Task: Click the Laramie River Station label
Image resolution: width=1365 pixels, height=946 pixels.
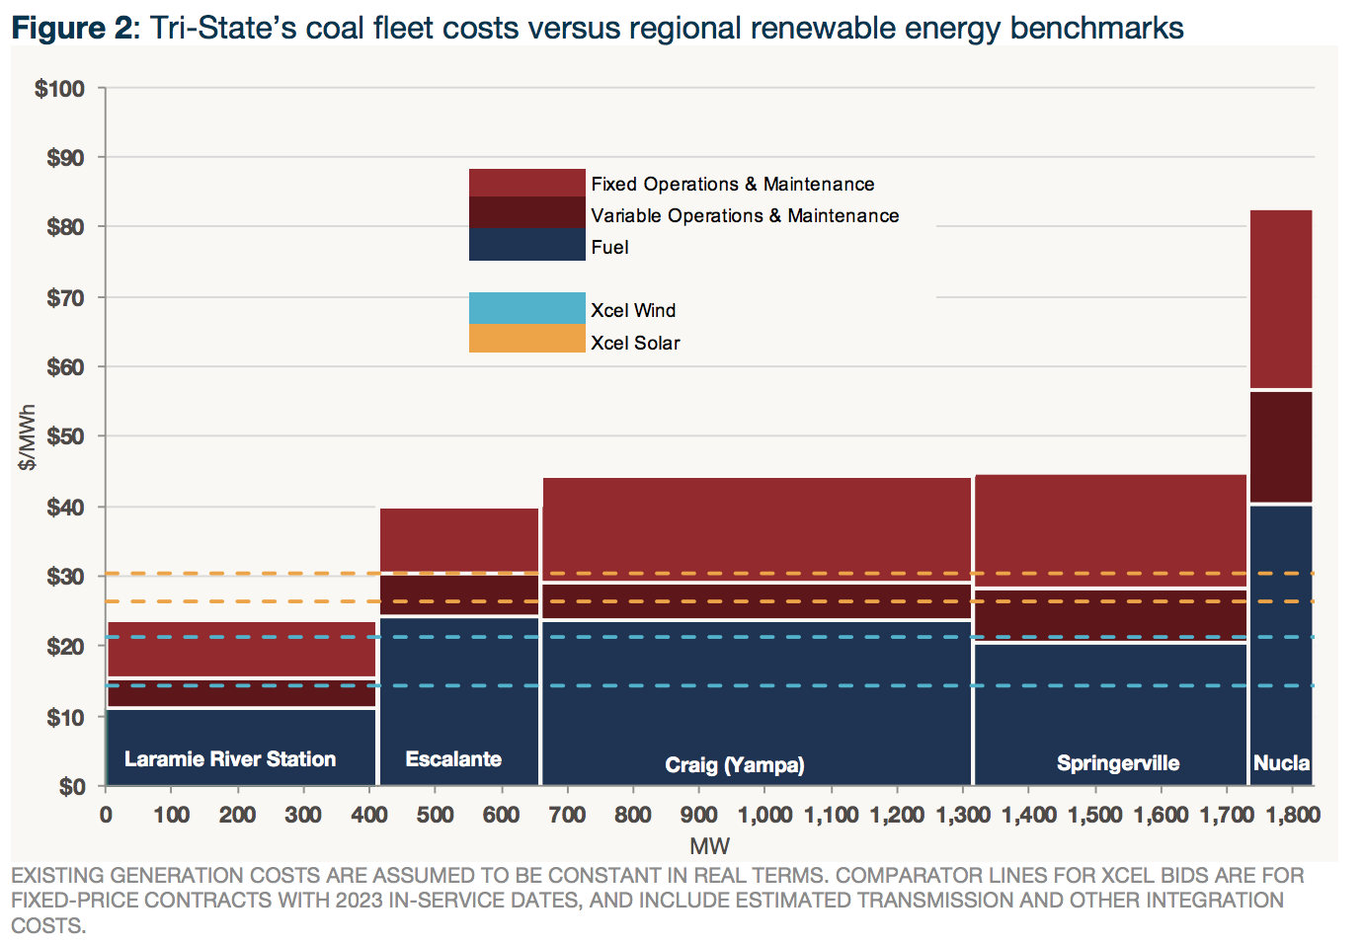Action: (230, 759)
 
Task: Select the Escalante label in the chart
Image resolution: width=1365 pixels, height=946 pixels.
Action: (453, 759)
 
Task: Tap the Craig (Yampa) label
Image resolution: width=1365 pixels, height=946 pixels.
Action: (735, 765)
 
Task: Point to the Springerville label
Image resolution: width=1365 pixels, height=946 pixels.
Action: (1118, 763)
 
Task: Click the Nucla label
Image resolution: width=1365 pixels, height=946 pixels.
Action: (1281, 763)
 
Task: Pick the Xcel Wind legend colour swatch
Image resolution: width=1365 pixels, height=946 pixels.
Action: (526, 308)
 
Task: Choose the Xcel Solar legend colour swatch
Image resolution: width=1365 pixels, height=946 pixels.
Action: (526, 339)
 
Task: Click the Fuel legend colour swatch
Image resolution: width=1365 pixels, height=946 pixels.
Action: (526, 245)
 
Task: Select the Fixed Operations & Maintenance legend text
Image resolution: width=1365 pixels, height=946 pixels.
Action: (732, 185)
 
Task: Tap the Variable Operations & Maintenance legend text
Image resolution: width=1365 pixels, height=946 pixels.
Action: (745, 216)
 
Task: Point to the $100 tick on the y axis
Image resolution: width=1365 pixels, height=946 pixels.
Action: (60, 89)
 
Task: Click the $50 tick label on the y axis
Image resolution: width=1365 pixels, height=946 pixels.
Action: (65, 436)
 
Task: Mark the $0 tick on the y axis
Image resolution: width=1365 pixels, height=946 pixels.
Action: (72, 787)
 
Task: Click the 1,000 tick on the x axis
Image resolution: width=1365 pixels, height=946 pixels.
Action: (765, 815)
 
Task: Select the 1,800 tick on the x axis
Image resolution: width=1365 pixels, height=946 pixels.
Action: (1293, 815)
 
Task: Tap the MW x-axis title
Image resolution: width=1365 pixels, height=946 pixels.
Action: (709, 846)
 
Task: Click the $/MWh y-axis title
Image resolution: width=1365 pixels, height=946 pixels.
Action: (28, 437)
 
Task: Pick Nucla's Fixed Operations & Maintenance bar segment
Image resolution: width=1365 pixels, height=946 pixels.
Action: (1281, 299)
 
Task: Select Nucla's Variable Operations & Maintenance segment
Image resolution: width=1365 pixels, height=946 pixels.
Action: (1281, 447)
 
